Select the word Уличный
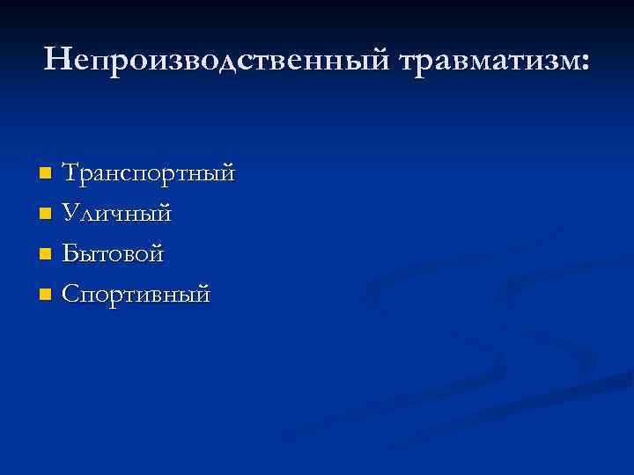(117, 214)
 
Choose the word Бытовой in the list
(113, 254)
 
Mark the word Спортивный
(136, 295)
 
